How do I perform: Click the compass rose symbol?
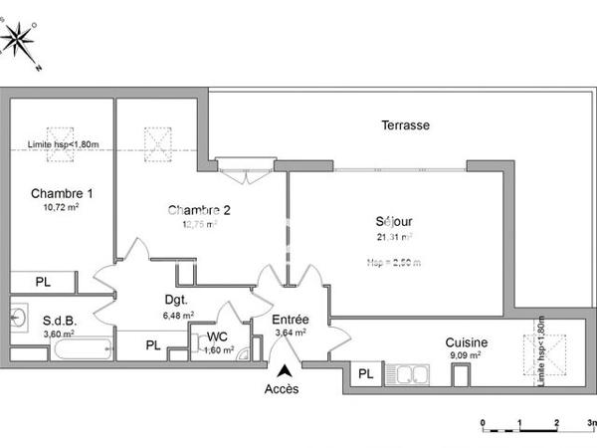click(x=20, y=41)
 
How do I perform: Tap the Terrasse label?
click(x=405, y=125)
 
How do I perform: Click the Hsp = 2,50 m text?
click(x=394, y=263)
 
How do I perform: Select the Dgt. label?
click(x=177, y=299)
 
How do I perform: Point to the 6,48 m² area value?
click(x=177, y=315)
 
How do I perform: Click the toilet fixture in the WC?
click(x=240, y=341)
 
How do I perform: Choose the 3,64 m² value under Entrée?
click(x=291, y=334)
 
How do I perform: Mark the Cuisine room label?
click(x=465, y=341)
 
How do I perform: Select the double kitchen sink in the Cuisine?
click(x=413, y=374)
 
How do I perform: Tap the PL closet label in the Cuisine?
click(x=366, y=374)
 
